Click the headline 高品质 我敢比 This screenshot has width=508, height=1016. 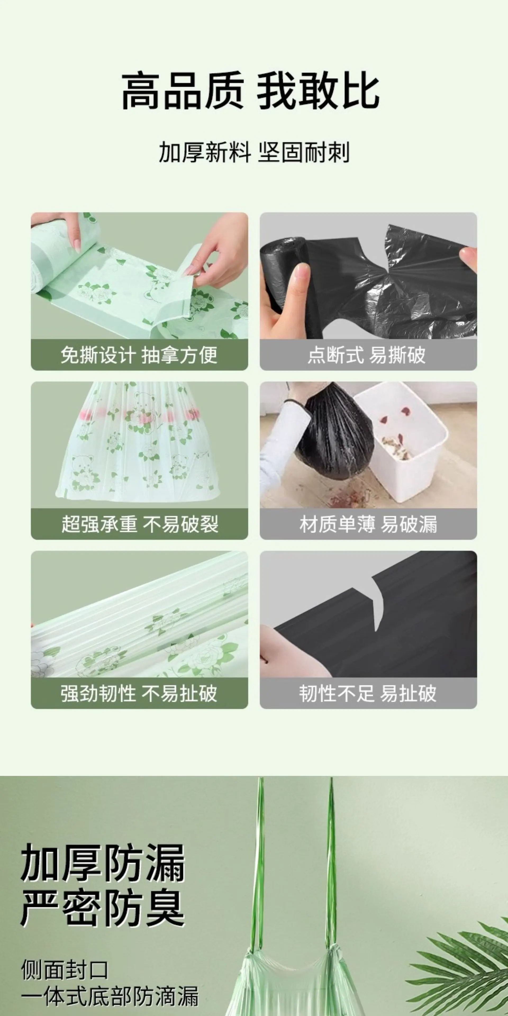pyautogui.click(x=251, y=91)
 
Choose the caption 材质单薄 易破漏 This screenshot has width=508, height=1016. pyautogui.click(x=368, y=524)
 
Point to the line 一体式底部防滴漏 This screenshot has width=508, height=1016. pyautogui.click(x=110, y=996)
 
